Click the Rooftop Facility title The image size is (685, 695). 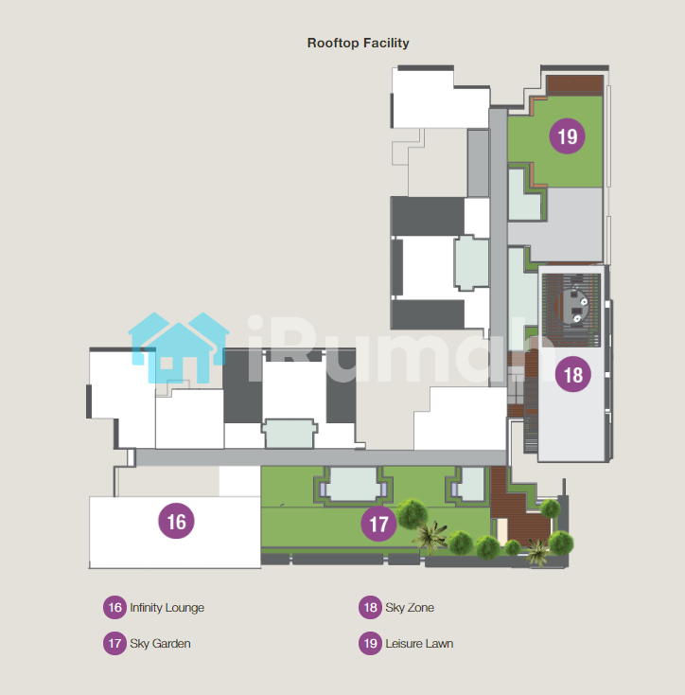358,43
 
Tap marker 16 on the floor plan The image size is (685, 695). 176,521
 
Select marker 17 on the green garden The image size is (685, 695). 378,524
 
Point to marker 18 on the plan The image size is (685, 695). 573,374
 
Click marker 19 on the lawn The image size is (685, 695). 568,136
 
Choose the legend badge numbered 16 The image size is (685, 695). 114,607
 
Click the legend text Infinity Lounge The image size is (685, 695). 167,608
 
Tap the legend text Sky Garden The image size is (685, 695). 160,644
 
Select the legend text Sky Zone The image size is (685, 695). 410,608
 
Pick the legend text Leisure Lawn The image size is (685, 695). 419,644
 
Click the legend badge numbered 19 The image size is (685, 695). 370,643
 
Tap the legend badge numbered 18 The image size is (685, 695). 370,607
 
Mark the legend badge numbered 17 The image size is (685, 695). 114,643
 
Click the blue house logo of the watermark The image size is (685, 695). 179,347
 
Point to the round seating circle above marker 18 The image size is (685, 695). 572,306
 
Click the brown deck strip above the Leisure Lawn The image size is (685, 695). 574,84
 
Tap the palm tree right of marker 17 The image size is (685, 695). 430,537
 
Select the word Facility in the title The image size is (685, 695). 386,43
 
